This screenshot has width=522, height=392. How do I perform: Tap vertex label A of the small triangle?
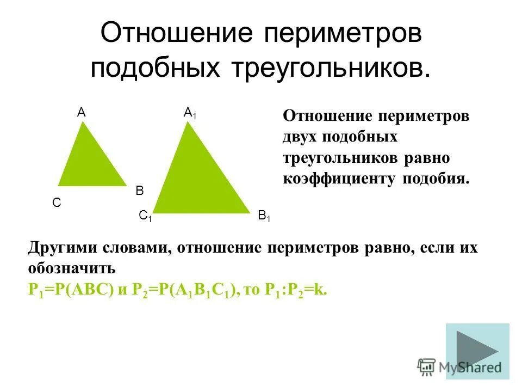coord(81,113)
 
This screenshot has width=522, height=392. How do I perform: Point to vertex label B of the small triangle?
coord(139,191)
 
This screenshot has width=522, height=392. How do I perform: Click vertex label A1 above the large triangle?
coord(190,113)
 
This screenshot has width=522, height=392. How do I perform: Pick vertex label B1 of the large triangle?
coord(264,216)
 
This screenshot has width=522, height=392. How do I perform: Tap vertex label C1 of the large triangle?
coord(145,216)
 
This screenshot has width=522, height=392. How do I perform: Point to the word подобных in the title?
coord(157,69)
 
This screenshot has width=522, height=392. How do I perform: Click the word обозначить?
coord(71,269)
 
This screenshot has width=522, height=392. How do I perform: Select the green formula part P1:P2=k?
coord(296,290)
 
